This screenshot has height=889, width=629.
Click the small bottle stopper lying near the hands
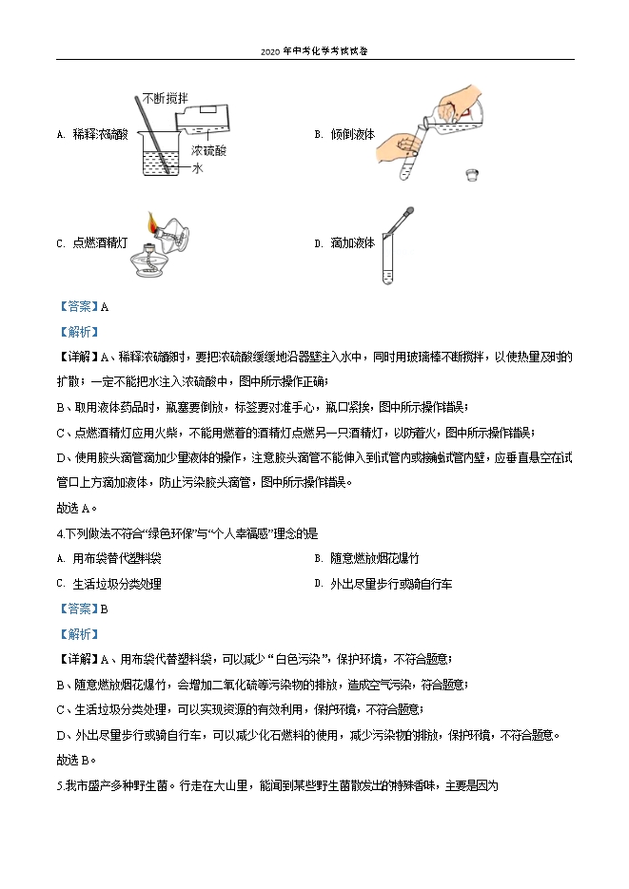coord(470,174)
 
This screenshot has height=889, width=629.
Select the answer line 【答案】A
coord(83,306)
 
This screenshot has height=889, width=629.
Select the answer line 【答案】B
coord(83,609)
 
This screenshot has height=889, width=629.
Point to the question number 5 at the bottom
coord(60,785)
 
